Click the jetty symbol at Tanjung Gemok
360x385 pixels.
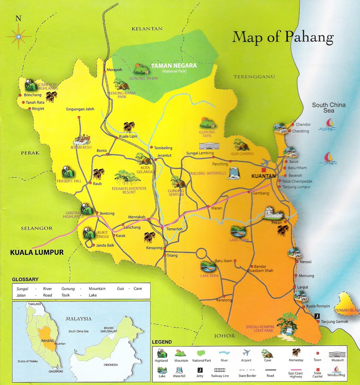(317, 316)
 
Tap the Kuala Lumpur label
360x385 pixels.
(37, 253)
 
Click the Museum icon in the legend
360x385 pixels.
(337, 354)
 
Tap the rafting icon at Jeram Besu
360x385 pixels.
(82, 140)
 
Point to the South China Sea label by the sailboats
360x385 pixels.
(329, 108)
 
